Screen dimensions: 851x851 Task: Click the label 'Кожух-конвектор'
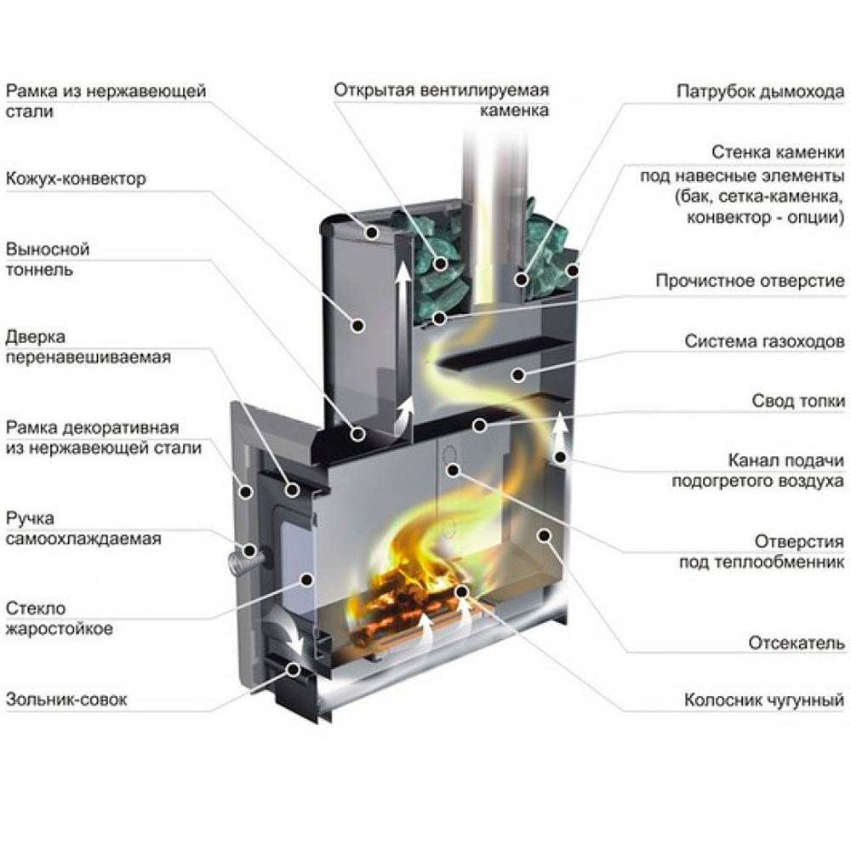[x=76, y=180]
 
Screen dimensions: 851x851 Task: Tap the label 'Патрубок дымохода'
[x=760, y=90]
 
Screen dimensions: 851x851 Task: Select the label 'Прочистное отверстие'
[x=750, y=281]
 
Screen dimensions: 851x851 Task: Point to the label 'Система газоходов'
[x=764, y=341]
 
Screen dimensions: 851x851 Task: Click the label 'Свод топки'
[x=798, y=400]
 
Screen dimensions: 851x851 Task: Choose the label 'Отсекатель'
[x=797, y=642]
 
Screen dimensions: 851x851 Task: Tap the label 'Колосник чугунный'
[x=764, y=701]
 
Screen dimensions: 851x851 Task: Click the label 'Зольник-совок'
[x=66, y=700]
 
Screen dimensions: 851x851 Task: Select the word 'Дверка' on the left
[x=35, y=338]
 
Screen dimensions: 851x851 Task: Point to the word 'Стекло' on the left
[x=35, y=608]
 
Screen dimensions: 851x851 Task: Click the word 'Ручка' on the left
[x=31, y=518]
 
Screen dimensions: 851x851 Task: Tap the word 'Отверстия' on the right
[x=800, y=542]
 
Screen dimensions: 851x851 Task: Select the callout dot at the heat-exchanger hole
[x=452, y=469]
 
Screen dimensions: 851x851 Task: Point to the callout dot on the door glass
[x=306, y=579]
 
